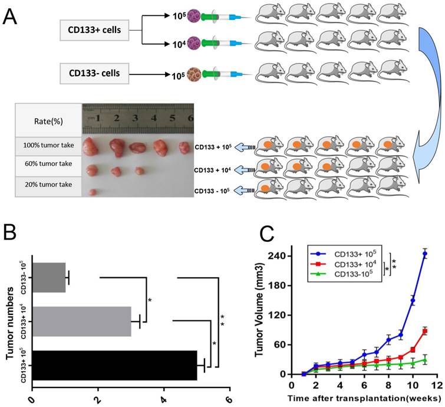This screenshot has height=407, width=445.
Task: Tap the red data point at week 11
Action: (425, 331)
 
